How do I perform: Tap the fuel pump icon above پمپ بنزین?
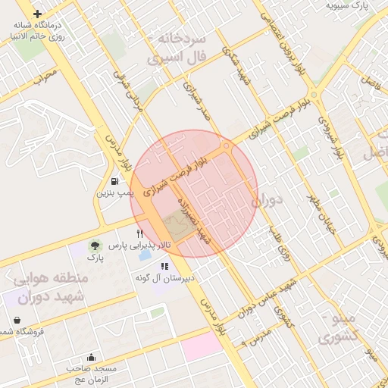coord(114,181)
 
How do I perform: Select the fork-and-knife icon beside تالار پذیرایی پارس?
coord(138,232)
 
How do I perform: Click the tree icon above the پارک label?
coord(95,246)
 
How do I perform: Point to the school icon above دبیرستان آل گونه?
coord(164,266)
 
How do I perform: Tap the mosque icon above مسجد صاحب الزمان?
coord(92,357)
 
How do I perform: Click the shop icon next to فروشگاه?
coord(17,332)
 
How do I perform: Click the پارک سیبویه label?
coord(347,5)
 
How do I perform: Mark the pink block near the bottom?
coord(202,347)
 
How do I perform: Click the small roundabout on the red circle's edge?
coord(227,146)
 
